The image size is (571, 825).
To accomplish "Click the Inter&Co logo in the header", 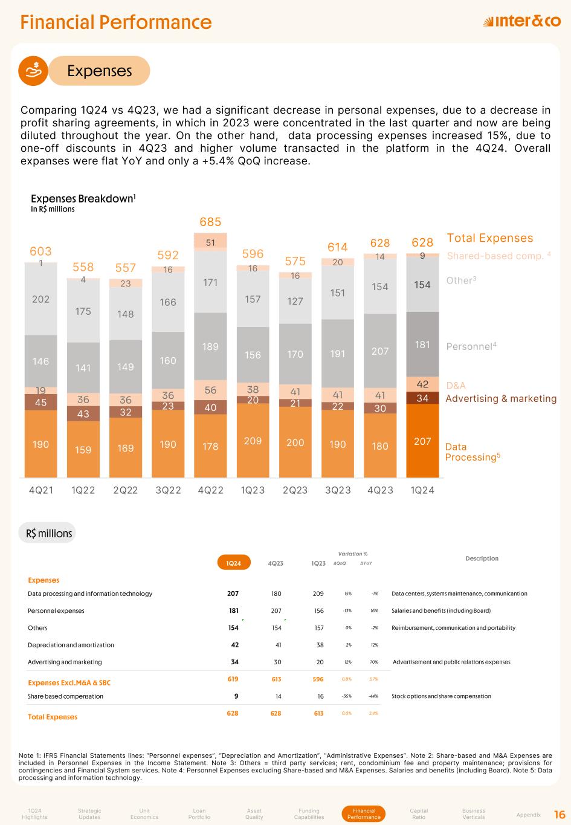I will (x=522, y=22).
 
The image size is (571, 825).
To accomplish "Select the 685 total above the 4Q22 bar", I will (x=210, y=222).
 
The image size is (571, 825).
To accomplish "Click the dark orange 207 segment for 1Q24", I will (x=422, y=442).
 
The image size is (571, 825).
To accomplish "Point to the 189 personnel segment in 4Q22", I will (x=210, y=346).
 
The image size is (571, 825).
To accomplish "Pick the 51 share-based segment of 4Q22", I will (x=210, y=242).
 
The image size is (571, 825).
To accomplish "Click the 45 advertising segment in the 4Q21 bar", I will (x=40, y=402).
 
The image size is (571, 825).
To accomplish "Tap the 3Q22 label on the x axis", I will (x=168, y=490).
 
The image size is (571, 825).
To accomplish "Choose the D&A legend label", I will (x=456, y=386).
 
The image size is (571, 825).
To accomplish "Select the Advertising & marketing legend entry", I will (x=501, y=398).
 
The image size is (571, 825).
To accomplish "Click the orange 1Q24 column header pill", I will (x=234, y=563).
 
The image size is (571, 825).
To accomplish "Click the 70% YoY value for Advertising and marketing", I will (x=375, y=662).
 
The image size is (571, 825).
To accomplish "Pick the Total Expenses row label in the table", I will (x=53, y=717).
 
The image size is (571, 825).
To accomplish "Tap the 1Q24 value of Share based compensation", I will (x=235, y=696).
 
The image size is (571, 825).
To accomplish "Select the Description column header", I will (x=482, y=558).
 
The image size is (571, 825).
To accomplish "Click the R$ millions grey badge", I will (x=49, y=533).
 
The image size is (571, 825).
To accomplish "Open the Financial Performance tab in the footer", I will (x=364, y=814).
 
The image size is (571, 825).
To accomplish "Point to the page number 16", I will (x=560, y=814).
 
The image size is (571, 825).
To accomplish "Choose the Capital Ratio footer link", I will (x=419, y=814).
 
